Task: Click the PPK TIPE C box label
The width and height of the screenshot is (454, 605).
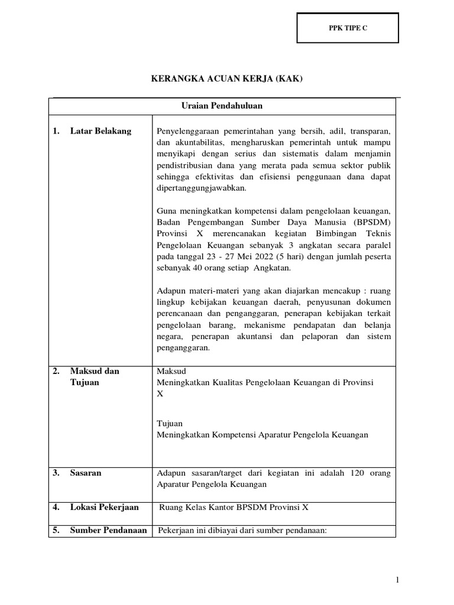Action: pos(348,28)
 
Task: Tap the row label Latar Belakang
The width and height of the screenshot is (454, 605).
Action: pos(100,131)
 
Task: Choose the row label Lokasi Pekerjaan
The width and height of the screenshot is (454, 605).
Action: pos(104,507)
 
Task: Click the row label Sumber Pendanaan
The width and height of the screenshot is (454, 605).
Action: pos(108,530)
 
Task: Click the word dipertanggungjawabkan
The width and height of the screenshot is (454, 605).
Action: pos(201,188)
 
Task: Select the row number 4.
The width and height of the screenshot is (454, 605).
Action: pos(56,507)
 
